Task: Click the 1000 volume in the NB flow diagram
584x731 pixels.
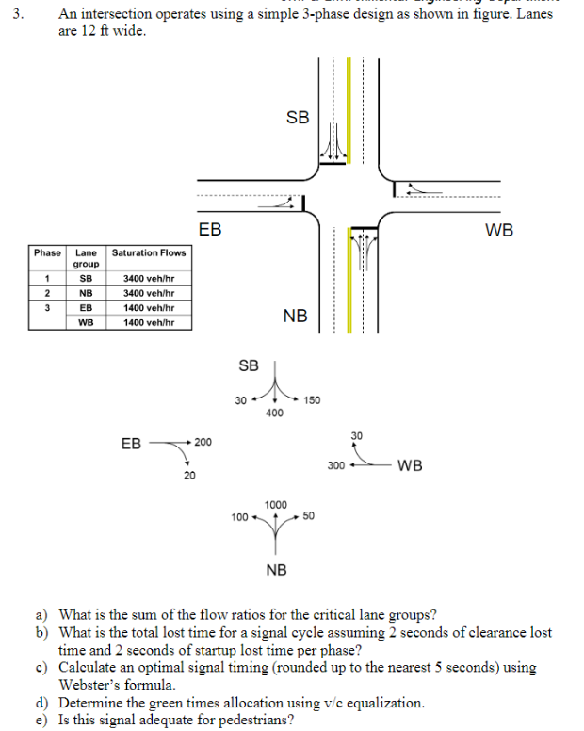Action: point(276,505)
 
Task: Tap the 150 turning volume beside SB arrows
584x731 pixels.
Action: point(313,400)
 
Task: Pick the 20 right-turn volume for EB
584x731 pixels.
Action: point(189,476)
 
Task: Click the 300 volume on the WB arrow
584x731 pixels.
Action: point(336,465)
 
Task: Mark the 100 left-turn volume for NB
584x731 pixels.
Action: point(239,517)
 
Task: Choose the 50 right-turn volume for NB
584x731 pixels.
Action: point(309,517)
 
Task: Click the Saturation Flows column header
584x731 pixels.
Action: point(149,252)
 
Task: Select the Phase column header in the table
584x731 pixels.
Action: point(47,252)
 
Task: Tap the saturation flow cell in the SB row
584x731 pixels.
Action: point(149,279)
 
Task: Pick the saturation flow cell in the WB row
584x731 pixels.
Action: point(149,322)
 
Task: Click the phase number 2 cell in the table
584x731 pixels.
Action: point(47,293)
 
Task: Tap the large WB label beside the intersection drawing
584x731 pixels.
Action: point(499,230)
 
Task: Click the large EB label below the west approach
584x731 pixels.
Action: point(211,230)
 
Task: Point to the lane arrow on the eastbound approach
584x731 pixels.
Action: point(280,203)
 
